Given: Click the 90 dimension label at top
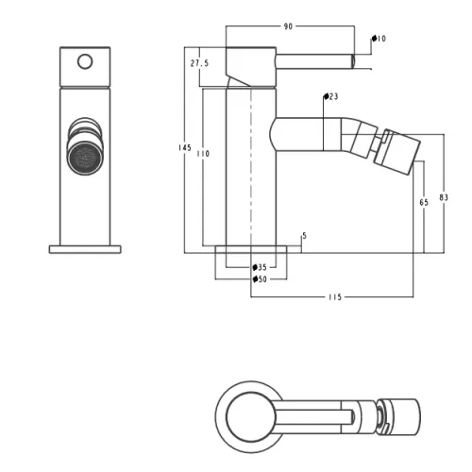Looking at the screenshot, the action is [288, 26].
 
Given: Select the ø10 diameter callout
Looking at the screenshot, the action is [379, 39].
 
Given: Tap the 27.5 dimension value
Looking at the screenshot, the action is [199, 63].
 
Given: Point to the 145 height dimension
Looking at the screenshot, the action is [185, 147].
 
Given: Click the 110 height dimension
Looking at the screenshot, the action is [203, 154].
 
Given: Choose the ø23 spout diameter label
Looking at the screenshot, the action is [331, 96].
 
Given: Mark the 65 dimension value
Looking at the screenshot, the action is [424, 202].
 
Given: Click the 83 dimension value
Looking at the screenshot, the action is [444, 197].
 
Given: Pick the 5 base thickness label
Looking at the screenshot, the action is [304, 236].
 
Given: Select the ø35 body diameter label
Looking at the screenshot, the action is [260, 267].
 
